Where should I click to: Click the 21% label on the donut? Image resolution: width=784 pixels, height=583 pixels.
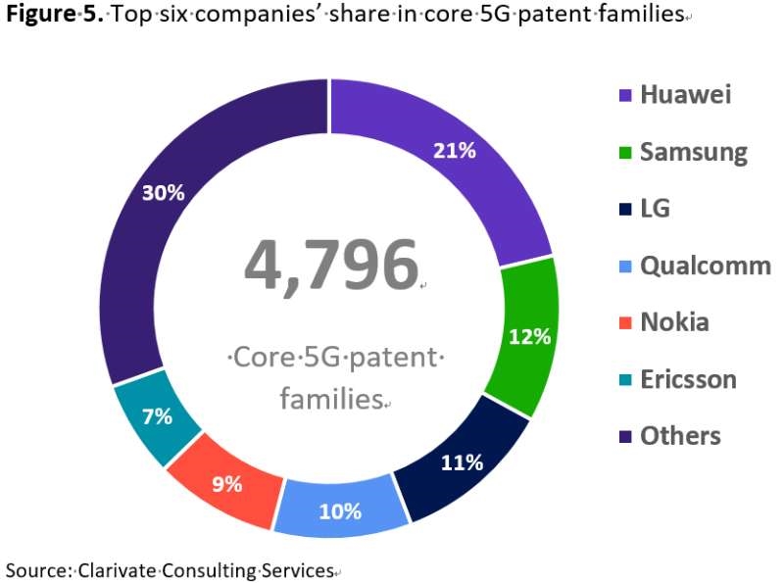456,151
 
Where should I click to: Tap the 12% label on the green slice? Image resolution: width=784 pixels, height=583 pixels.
530,337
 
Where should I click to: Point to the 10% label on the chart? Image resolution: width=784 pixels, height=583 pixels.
340,510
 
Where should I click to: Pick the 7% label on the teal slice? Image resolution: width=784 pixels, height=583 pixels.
157,416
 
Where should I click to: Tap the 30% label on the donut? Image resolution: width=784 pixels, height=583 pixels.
164,193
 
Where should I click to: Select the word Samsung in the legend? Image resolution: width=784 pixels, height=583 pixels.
693,152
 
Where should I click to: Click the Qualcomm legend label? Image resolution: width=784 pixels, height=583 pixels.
705,266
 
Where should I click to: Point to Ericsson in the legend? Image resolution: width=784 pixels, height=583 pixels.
688,379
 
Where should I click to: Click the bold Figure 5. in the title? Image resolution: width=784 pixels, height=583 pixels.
54,16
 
